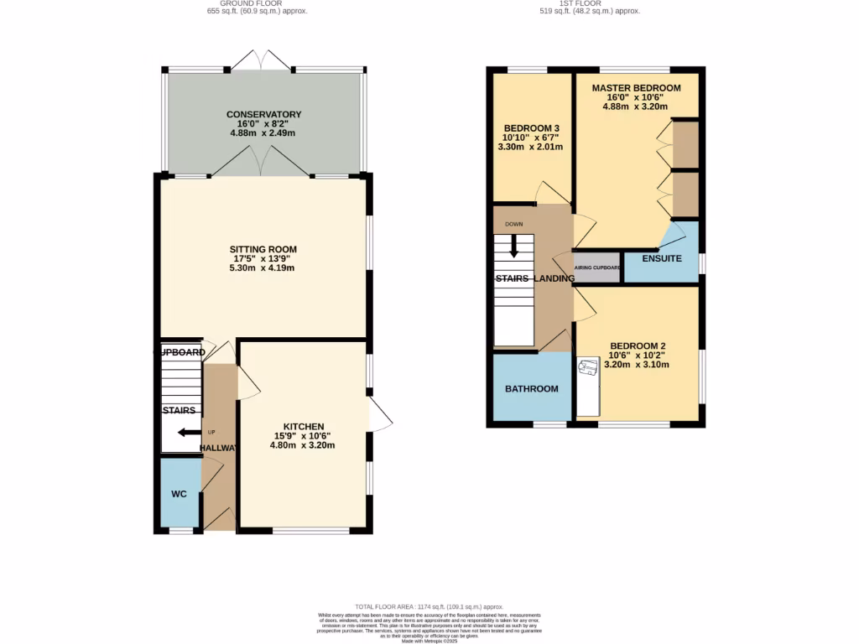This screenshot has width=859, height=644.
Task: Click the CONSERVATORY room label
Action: tap(263, 115)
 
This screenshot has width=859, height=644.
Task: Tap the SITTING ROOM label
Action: tap(263, 249)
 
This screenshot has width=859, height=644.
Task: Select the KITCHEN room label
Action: tap(303, 426)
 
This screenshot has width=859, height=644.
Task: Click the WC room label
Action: tap(179, 494)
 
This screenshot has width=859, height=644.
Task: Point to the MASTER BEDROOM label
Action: tap(636, 87)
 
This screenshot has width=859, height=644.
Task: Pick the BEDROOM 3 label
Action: tap(530, 127)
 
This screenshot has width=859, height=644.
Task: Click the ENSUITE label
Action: tap(662, 258)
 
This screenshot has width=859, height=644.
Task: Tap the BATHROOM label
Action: tap(531, 388)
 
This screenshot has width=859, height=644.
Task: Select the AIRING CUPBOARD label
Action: tap(597, 267)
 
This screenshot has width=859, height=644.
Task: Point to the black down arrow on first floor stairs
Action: tap(513, 245)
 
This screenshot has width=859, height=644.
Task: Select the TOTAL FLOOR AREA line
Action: tap(429, 606)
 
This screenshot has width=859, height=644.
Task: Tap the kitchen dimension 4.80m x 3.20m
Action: tap(302, 445)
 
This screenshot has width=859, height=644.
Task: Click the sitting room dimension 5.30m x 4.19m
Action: tap(263, 268)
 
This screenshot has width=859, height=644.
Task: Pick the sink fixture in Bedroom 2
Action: tap(586, 367)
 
